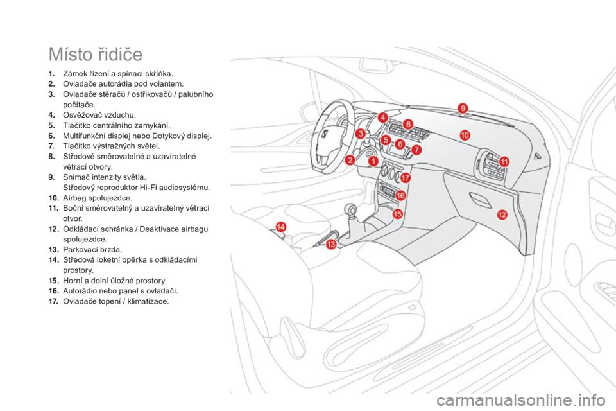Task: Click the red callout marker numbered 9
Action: tap(463, 108)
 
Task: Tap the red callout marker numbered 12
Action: tap(502, 214)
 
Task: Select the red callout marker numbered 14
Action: tap(281, 227)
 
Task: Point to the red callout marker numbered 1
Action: tap(373, 161)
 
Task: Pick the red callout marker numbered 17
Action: tap(405, 178)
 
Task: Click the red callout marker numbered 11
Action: tap(504, 162)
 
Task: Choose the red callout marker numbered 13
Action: tap(331, 245)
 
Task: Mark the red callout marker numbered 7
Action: tap(416, 150)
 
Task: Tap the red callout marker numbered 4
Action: tap(383, 118)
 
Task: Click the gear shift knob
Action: tap(351, 210)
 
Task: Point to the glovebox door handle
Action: tap(480, 200)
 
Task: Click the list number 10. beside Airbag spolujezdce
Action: tap(54, 198)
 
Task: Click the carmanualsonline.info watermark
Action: tap(520, 401)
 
